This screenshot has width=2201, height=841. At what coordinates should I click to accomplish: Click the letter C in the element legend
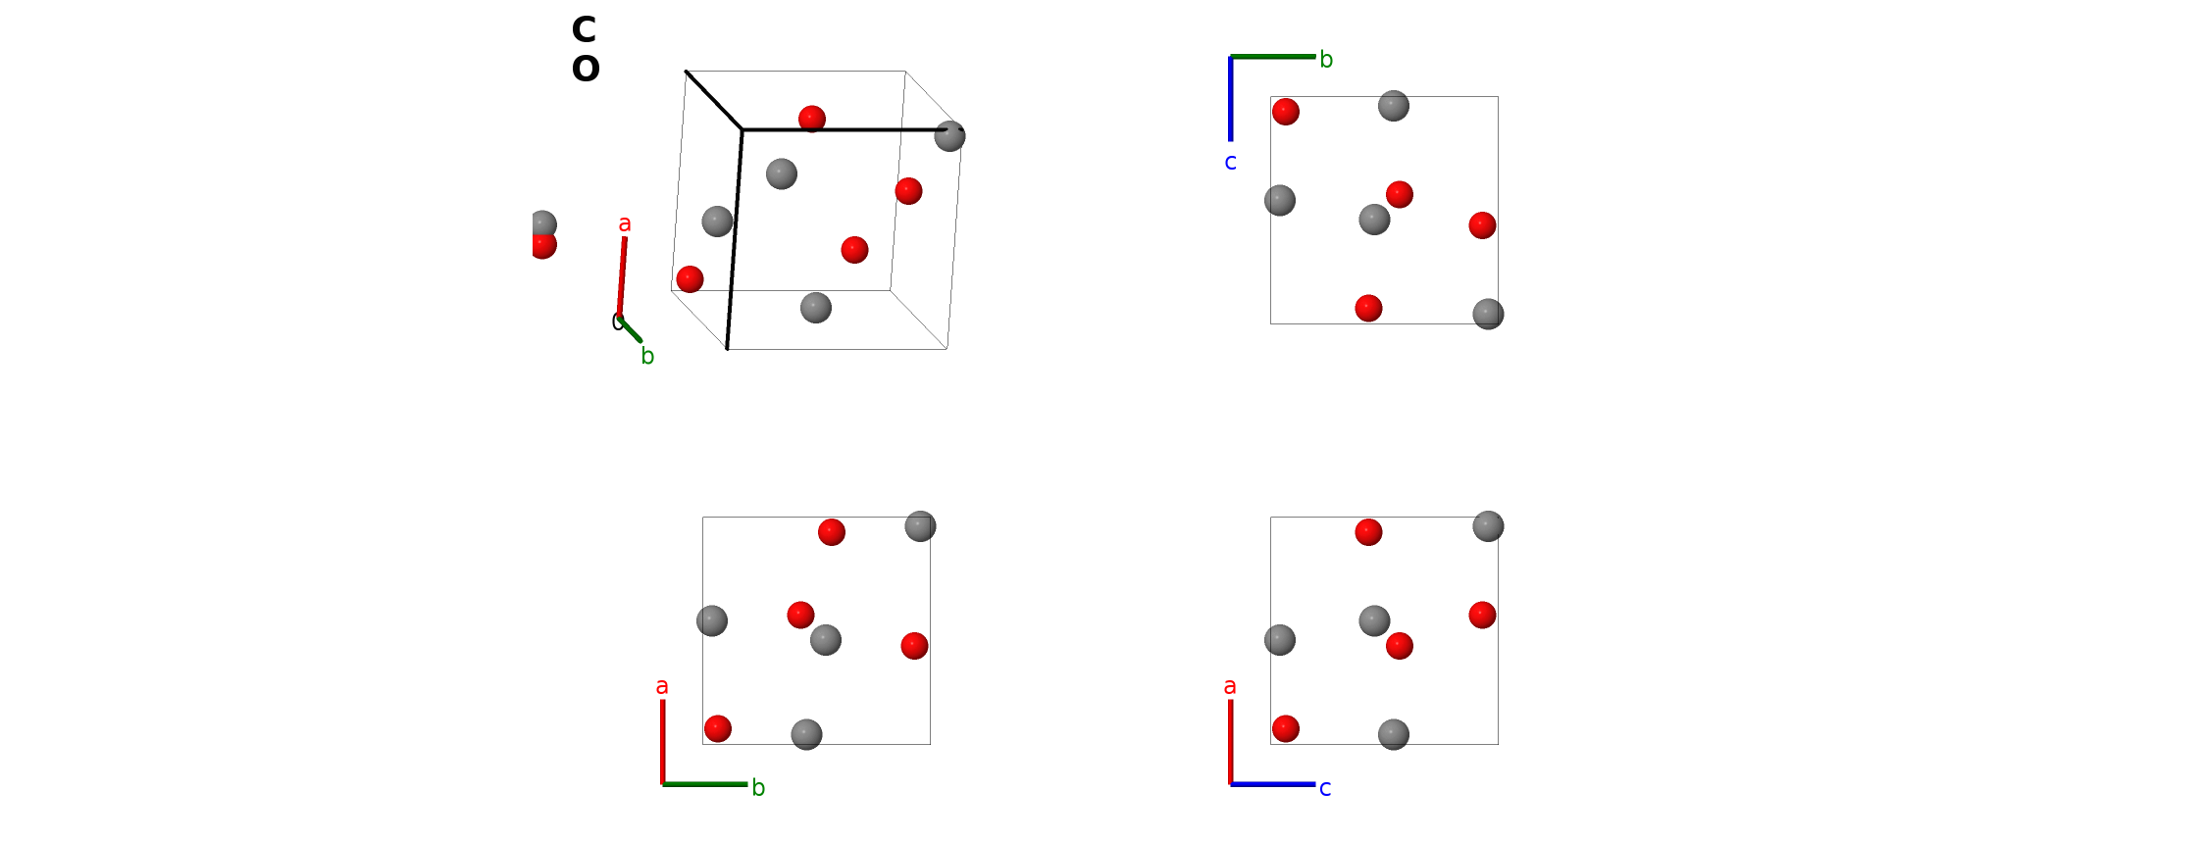[x=584, y=29]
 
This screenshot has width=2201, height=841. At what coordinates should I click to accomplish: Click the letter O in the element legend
[x=586, y=69]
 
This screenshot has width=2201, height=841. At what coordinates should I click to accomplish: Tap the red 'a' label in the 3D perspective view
[x=625, y=224]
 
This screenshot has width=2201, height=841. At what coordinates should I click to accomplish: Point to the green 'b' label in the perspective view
[x=647, y=356]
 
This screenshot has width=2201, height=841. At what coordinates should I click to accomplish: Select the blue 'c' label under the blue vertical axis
[x=1230, y=163]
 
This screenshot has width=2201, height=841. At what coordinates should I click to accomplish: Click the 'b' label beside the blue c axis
[x=1326, y=60]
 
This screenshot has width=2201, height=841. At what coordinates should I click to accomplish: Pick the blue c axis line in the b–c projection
[x=1230, y=98]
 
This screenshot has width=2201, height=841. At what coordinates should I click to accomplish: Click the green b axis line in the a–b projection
[x=704, y=784]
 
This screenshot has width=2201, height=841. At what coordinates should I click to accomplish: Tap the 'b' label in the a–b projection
[x=758, y=788]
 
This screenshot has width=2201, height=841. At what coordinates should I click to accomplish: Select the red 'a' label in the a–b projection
[x=662, y=687]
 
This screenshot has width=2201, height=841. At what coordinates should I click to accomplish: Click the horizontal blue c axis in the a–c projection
[x=1272, y=784]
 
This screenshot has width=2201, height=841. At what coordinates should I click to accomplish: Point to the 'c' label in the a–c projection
[x=1325, y=789]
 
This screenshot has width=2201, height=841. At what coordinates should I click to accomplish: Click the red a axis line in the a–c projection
[x=1230, y=742]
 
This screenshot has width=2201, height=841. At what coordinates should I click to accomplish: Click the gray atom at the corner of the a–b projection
[x=920, y=526]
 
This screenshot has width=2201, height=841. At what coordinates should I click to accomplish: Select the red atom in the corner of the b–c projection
[x=1286, y=112]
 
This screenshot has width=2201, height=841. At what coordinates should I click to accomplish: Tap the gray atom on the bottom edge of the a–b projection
[x=806, y=734]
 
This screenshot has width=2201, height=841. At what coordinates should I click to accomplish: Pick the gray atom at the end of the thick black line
[x=949, y=136]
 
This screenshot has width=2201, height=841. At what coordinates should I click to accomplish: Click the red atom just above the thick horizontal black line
[x=812, y=119]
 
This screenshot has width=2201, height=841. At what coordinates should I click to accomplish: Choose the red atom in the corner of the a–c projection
[x=1286, y=728]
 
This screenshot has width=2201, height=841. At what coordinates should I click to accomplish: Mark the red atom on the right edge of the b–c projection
[x=1482, y=225]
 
